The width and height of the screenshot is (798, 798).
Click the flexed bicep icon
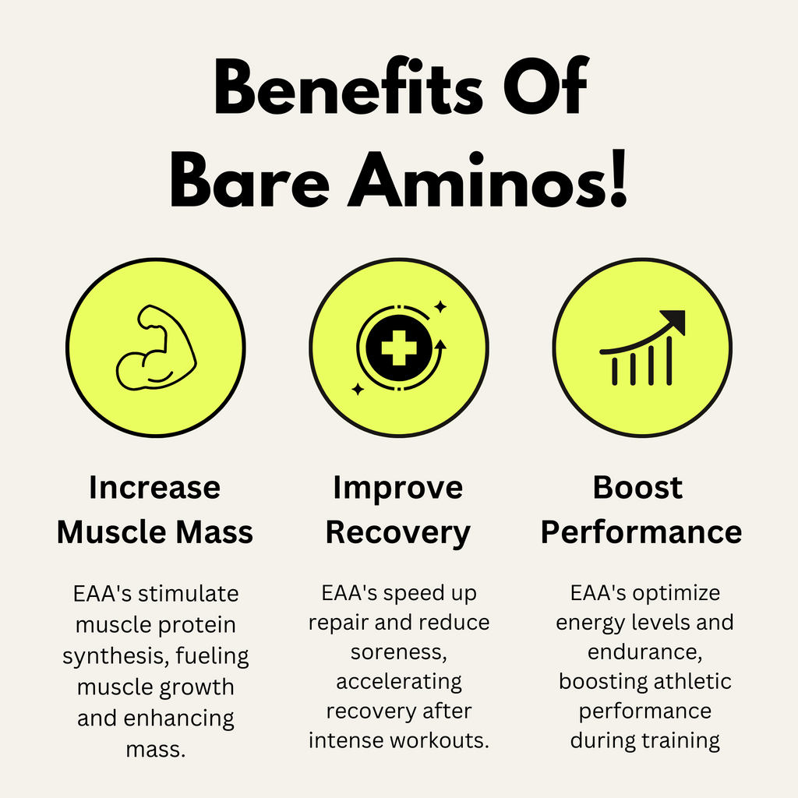155,348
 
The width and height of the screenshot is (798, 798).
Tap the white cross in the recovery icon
398,348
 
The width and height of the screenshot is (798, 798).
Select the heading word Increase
154,488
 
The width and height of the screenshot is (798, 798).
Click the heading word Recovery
398,533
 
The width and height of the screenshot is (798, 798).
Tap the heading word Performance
641,533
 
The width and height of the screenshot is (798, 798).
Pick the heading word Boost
637,488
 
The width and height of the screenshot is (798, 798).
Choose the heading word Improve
398,488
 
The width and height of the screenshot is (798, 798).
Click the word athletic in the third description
690,681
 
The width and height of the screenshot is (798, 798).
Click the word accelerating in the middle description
398,681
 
